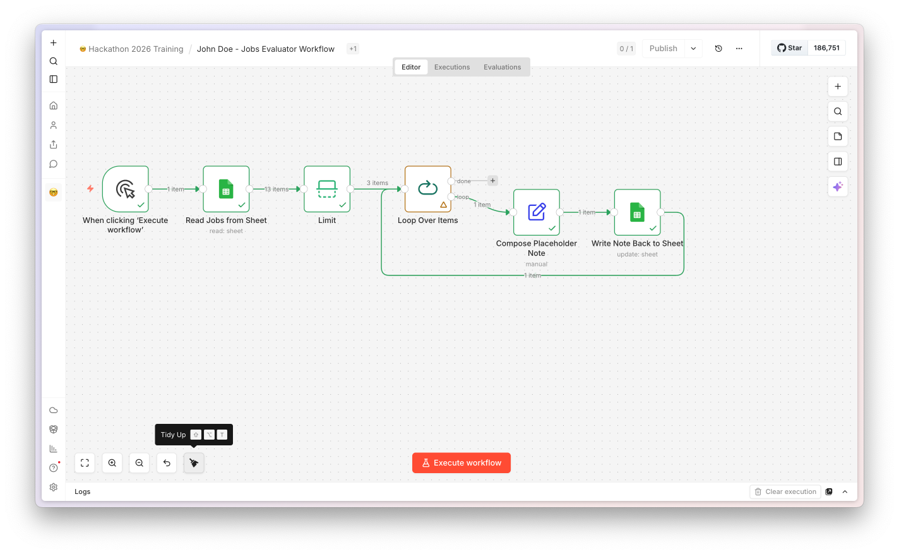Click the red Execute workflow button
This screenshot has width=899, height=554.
point(461,463)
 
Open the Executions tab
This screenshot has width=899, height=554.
point(452,67)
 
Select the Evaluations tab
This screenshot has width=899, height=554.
point(502,67)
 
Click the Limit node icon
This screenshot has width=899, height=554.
point(326,189)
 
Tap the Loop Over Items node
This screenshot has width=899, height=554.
point(428,189)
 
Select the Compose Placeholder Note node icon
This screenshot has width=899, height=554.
point(537,212)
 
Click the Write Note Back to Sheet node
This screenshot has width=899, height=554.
point(638,212)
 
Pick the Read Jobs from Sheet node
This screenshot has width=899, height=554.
point(227,189)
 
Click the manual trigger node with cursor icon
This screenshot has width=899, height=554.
point(126,189)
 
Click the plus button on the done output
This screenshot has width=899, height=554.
point(492,181)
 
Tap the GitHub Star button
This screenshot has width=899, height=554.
point(789,48)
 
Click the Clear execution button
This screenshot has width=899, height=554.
point(785,491)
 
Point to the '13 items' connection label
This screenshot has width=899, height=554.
point(276,189)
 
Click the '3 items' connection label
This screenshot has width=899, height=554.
point(378,183)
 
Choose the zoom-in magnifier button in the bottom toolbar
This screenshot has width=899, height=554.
point(112,463)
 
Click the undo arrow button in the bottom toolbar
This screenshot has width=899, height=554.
point(167,463)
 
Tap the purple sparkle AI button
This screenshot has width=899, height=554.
point(838,187)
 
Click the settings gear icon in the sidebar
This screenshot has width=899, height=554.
point(54,488)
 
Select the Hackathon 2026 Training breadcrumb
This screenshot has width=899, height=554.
point(136,49)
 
